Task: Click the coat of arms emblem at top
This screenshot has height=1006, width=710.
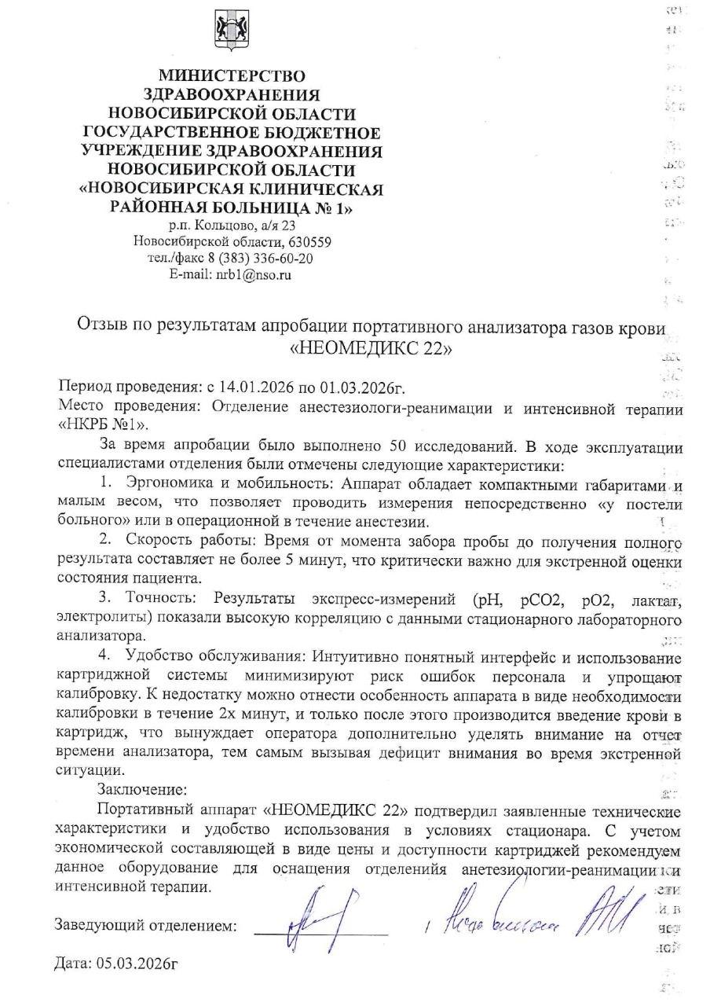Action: click(x=232, y=31)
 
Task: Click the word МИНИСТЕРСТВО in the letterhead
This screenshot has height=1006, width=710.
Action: click(x=232, y=77)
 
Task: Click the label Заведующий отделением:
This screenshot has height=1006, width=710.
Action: click(x=146, y=925)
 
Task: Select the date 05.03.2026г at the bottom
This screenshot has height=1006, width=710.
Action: click(x=115, y=964)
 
